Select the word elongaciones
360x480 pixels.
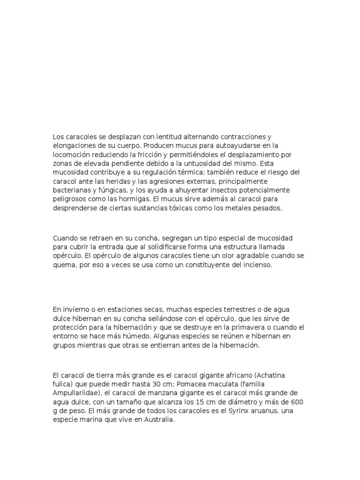click(73, 146)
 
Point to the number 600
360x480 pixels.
click(298, 402)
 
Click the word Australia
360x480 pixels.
click(159, 420)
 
